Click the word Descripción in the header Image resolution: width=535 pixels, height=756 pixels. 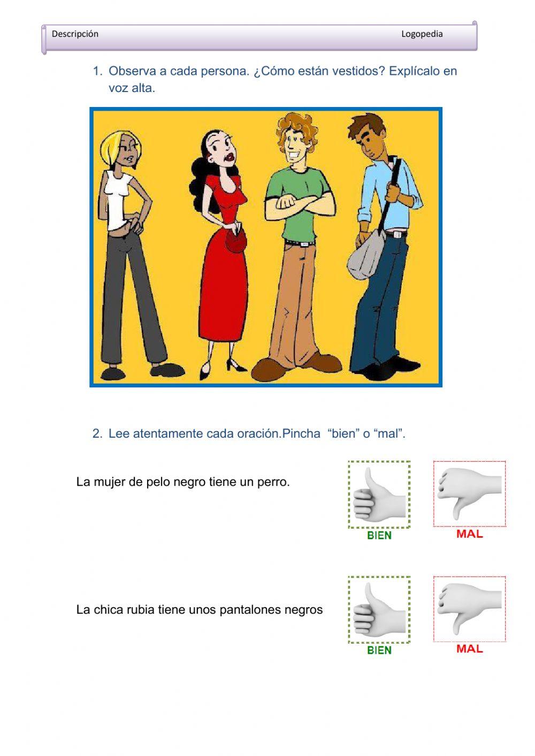tap(75, 34)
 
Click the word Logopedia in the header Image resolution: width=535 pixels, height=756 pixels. tap(422, 34)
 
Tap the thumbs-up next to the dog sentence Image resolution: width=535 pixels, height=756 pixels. tap(379, 494)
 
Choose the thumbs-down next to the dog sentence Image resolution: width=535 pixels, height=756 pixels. tap(469, 494)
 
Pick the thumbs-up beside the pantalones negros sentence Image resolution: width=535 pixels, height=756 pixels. tap(379, 609)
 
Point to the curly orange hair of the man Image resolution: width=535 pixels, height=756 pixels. tap(297, 127)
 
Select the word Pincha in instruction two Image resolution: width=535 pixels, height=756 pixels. tap(301, 434)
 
